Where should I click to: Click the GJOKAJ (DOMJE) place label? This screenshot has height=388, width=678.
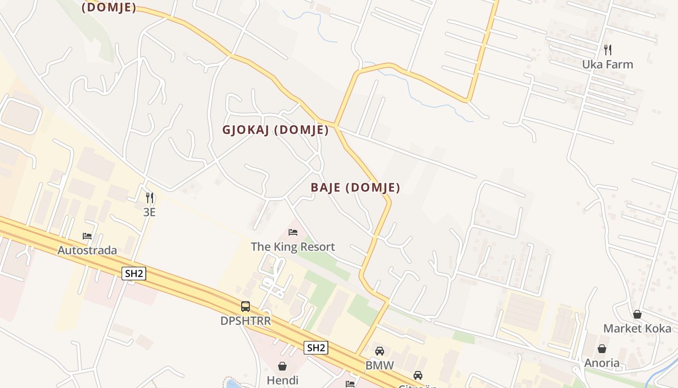(276, 130)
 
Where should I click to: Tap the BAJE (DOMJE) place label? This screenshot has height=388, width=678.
(355, 188)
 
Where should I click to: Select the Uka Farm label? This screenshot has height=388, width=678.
(607, 65)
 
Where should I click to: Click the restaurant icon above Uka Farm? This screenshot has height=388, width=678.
(608, 49)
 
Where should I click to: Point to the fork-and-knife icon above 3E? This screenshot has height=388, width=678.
(150, 197)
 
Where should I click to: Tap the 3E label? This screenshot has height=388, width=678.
(149, 212)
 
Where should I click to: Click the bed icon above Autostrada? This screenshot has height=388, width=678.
(87, 236)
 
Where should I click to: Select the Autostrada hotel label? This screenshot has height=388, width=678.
(87, 250)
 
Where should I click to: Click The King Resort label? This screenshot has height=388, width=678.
(293, 247)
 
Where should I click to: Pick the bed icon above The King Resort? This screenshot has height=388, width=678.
(293, 232)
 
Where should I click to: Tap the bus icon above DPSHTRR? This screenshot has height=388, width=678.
(246, 307)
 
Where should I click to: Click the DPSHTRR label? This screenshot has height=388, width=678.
(246, 321)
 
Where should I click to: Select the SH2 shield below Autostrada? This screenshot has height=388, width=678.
(134, 274)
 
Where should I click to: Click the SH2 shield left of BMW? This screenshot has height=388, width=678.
(316, 347)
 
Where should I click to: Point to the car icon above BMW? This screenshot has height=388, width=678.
(380, 351)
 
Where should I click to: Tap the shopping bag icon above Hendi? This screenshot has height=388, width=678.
(282, 366)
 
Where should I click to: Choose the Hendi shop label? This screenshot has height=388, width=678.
(282, 380)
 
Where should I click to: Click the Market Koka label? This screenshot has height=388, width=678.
(637, 329)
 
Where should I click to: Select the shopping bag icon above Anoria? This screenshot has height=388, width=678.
(602, 349)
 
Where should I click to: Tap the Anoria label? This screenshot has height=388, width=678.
(602, 363)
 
